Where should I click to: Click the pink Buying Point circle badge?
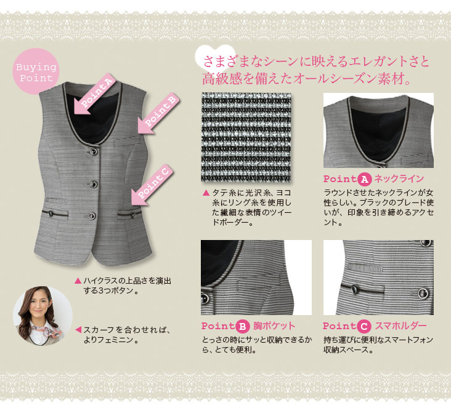(x=36, y=71)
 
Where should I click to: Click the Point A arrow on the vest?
(x=94, y=95)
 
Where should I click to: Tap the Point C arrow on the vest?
(x=152, y=185)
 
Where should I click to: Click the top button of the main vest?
(x=93, y=151)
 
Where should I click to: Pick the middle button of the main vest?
(x=93, y=183)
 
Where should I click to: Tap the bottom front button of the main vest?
(x=92, y=216)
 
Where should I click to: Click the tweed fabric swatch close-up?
(x=246, y=137)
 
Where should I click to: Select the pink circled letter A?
(x=364, y=179)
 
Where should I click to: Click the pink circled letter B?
(x=243, y=327)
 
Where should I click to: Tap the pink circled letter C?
(x=364, y=327)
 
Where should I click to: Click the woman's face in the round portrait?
(x=38, y=306)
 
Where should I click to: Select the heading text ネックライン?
(x=399, y=179)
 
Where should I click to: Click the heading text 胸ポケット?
(x=274, y=326)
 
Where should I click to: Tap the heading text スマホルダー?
(x=400, y=326)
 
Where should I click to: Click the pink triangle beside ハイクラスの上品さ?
(x=78, y=281)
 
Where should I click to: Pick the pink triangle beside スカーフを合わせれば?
(x=78, y=330)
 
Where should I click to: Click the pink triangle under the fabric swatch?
(x=206, y=193)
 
